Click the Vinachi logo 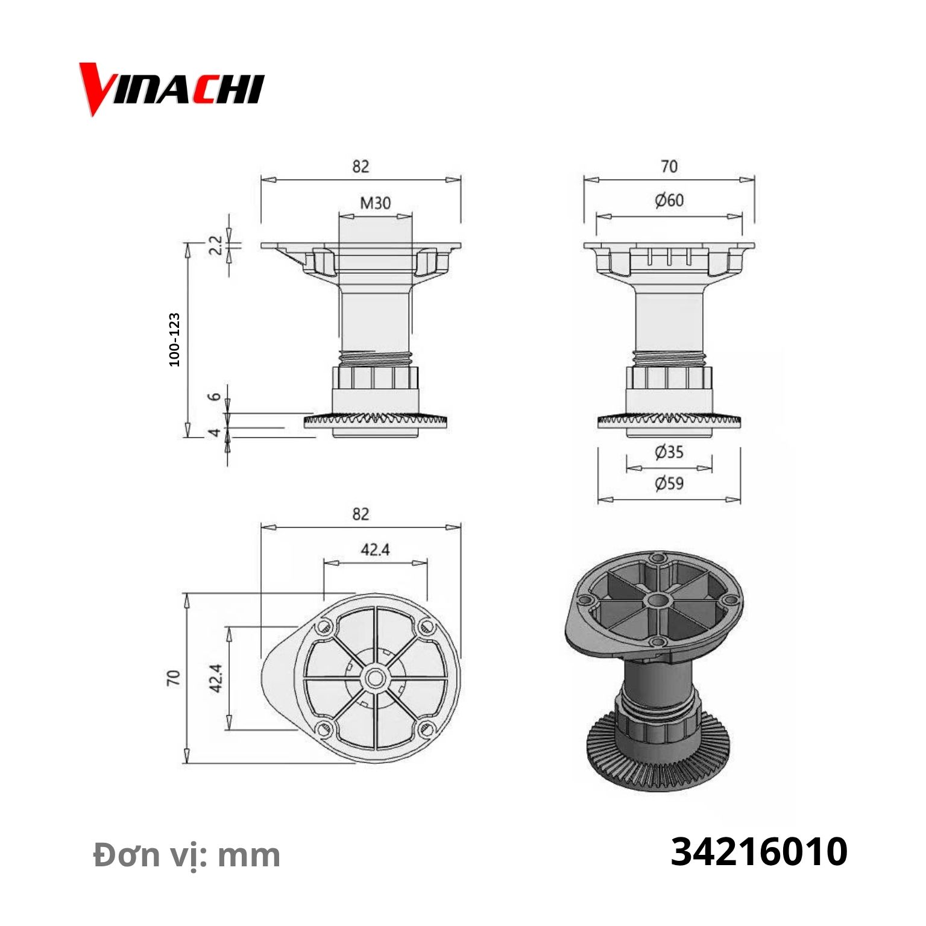point(172,89)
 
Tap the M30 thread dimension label point(375,203)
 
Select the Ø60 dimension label point(669,200)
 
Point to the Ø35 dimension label point(669,452)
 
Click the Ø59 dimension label point(669,483)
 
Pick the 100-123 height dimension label point(174,339)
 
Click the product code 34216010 point(759,852)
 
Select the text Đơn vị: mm point(187,855)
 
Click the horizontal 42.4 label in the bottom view point(375,550)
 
